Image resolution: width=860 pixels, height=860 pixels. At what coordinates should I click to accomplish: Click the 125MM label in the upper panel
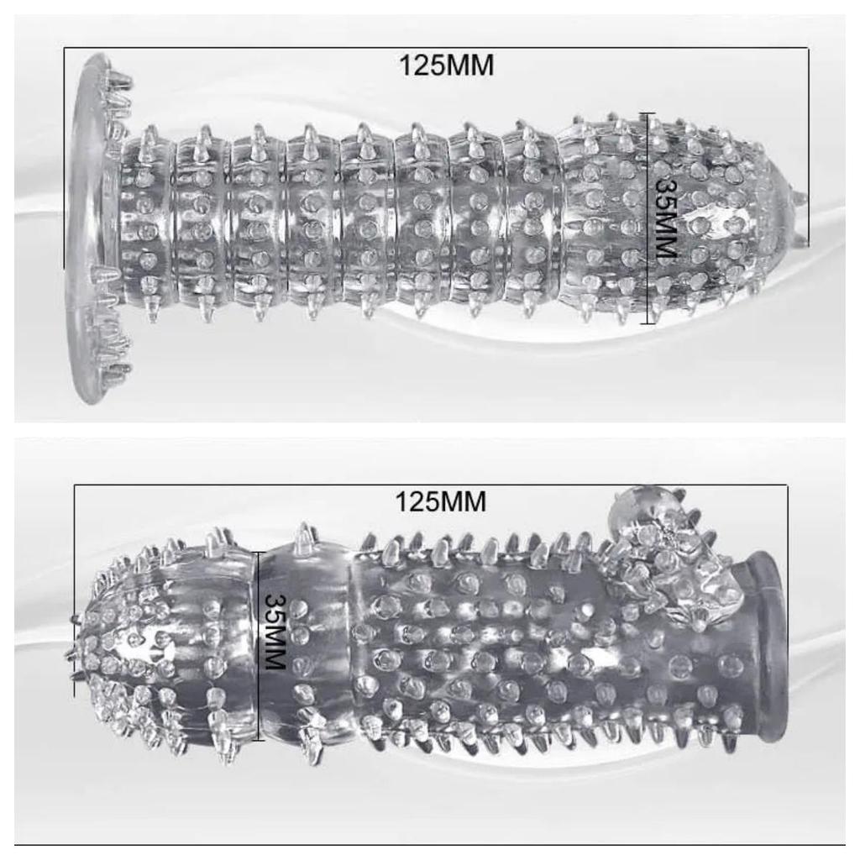point(446,66)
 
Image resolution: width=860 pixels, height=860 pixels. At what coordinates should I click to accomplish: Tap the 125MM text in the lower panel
point(440,501)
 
